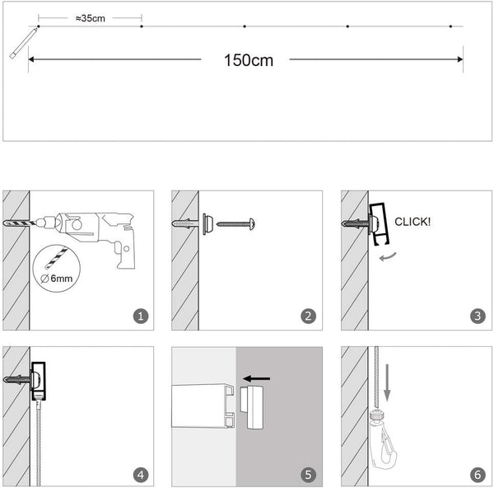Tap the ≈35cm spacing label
[x=90, y=18]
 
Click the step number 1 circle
[x=141, y=315]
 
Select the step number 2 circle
[x=308, y=315]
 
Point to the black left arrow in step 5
[x=257, y=378]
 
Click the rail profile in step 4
[x=40, y=380]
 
